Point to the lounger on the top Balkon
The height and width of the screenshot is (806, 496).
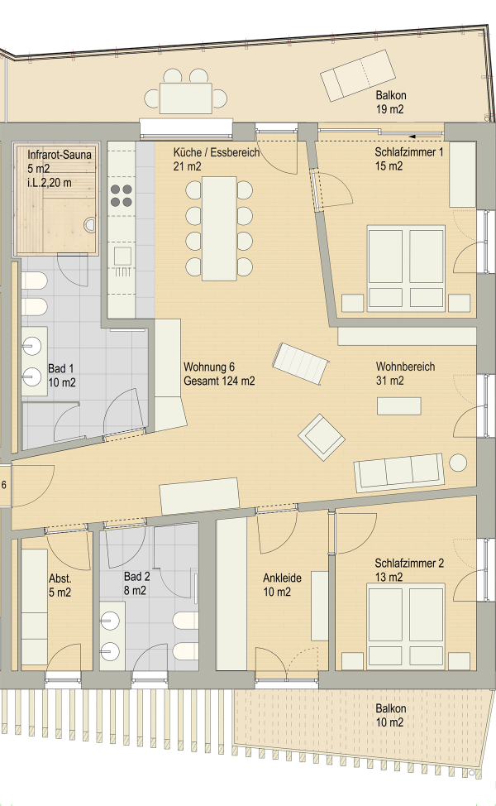click(x=357, y=74)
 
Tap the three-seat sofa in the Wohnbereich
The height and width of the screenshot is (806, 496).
click(x=398, y=473)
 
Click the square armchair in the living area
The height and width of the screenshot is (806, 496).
click(x=322, y=436)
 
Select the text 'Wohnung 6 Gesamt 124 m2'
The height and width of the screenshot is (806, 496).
click(x=219, y=374)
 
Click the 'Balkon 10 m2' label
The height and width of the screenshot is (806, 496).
click(x=390, y=715)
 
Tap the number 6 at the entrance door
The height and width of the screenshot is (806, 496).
click(x=5, y=486)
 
